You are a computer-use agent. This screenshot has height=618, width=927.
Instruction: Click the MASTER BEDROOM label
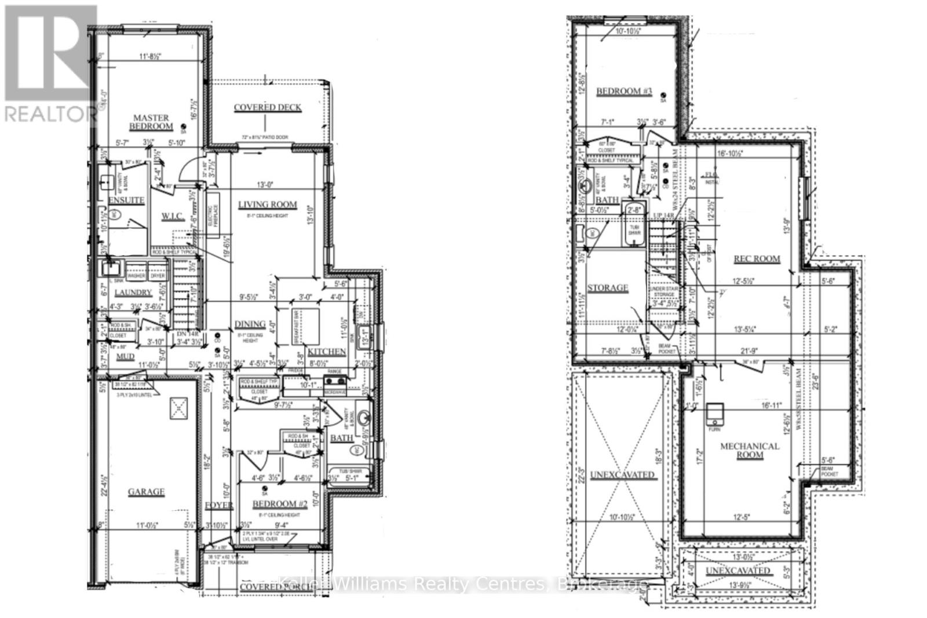click(x=151, y=122)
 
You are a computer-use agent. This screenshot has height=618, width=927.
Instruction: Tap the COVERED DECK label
click(x=267, y=108)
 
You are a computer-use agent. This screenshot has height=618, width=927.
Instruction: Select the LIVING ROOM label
click(x=267, y=204)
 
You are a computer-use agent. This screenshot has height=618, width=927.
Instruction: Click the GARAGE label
click(x=146, y=492)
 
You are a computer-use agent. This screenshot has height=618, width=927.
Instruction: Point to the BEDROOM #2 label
click(x=279, y=504)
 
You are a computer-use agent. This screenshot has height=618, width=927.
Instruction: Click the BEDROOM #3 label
click(x=624, y=91)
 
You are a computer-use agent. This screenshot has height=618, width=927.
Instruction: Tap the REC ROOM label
click(x=757, y=259)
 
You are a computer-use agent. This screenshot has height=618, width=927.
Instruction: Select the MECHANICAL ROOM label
click(x=749, y=451)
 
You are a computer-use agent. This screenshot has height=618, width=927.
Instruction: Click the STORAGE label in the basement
click(x=607, y=288)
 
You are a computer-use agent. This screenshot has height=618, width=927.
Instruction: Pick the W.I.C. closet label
click(x=172, y=217)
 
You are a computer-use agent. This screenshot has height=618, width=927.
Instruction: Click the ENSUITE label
click(x=126, y=200)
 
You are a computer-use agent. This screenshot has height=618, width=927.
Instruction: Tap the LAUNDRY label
click(x=133, y=293)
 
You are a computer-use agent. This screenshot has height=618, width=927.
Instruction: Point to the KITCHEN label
click(x=327, y=352)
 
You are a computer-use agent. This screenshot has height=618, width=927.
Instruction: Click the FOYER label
click(x=219, y=506)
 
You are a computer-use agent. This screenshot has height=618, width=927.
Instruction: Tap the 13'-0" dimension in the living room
click(x=266, y=185)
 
